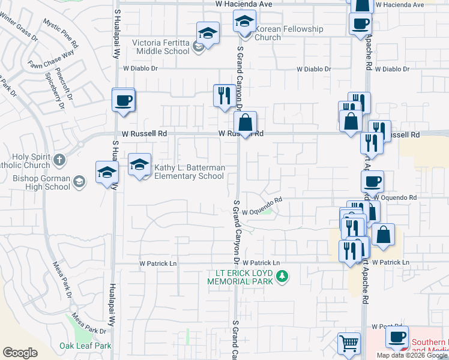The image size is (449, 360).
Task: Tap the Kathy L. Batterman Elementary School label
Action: tap(190, 172)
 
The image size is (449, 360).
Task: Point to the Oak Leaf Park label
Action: tap(85, 346)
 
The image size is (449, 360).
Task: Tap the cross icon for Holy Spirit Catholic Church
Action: tap(59, 160)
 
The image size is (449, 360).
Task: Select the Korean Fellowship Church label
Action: tap(289, 33)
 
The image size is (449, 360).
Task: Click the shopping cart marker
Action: tap(349, 344)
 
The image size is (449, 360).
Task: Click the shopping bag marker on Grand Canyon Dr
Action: tap(245, 123)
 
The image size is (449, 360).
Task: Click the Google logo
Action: tap(20, 353)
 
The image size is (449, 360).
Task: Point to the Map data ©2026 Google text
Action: tap(412, 355)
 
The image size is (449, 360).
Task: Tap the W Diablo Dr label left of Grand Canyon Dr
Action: tap(140, 68)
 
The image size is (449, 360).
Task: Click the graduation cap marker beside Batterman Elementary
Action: tap(139, 165)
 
